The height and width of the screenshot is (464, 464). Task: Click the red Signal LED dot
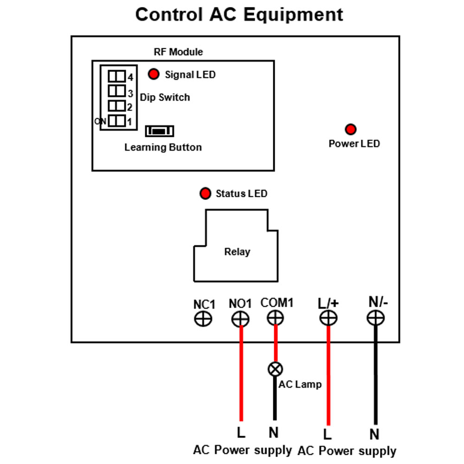click(x=154, y=74)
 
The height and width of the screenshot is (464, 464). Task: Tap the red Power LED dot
click(x=351, y=129)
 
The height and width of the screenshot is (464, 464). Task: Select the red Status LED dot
click(x=206, y=193)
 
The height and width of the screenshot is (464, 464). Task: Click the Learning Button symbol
click(x=160, y=131)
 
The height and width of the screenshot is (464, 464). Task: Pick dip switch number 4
click(x=116, y=76)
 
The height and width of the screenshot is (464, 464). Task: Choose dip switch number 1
click(x=116, y=121)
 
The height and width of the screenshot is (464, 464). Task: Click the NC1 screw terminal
click(x=203, y=319)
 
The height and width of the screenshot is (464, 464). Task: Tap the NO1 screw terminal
click(x=240, y=319)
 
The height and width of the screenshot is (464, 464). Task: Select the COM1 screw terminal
click(x=276, y=318)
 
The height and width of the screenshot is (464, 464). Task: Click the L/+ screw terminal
click(x=329, y=318)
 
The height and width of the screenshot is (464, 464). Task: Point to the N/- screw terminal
click(x=375, y=318)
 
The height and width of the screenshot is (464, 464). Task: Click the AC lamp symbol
click(x=275, y=369)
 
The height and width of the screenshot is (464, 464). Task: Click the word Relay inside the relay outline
click(x=237, y=252)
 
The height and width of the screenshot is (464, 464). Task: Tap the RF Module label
click(x=179, y=52)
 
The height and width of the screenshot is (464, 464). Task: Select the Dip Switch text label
click(x=165, y=97)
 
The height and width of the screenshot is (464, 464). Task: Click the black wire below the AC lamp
click(x=275, y=398)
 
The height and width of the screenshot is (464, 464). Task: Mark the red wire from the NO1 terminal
click(x=241, y=374)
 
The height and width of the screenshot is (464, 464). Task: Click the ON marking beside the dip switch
click(x=100, y=121)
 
